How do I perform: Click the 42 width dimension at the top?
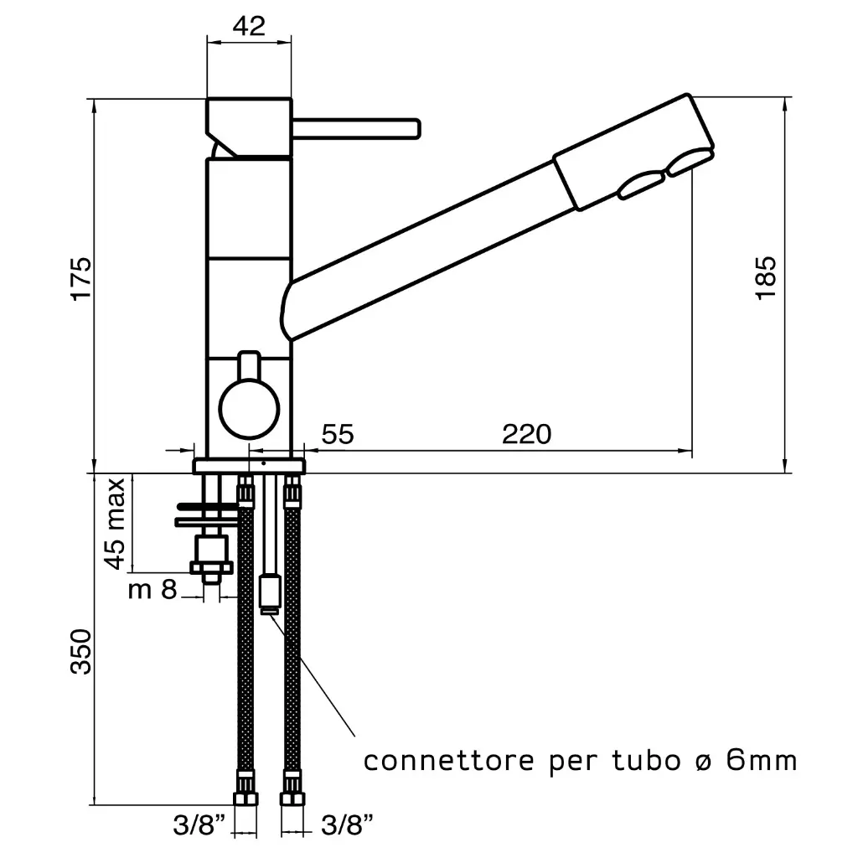(x=249, y=26)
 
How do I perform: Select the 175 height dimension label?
(x=80, y=279)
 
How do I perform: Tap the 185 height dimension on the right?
(x=766, y=279)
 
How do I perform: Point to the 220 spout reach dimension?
(x=526, y=434)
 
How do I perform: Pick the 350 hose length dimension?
(x=80, y=653)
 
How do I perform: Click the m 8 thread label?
(x=153, y=591)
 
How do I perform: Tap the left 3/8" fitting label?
(x=199, y=826)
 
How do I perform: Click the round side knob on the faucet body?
(x=249, y=406)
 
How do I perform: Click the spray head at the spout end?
(x=637, y=151)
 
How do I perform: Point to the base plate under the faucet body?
(x=249, y=466)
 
